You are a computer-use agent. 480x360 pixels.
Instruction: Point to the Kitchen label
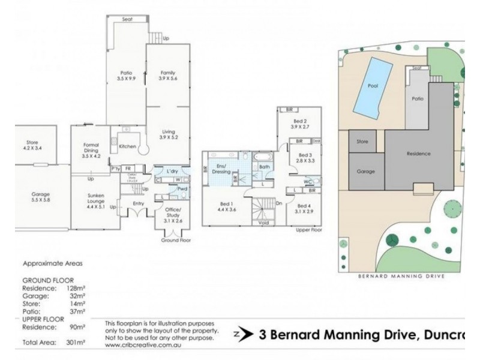tap(127, 146)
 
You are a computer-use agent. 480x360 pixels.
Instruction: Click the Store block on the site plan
tap(362, 142)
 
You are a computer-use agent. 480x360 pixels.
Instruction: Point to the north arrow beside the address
tap(241, 334)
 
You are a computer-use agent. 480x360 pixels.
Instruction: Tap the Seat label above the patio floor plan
tap(127, 19)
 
